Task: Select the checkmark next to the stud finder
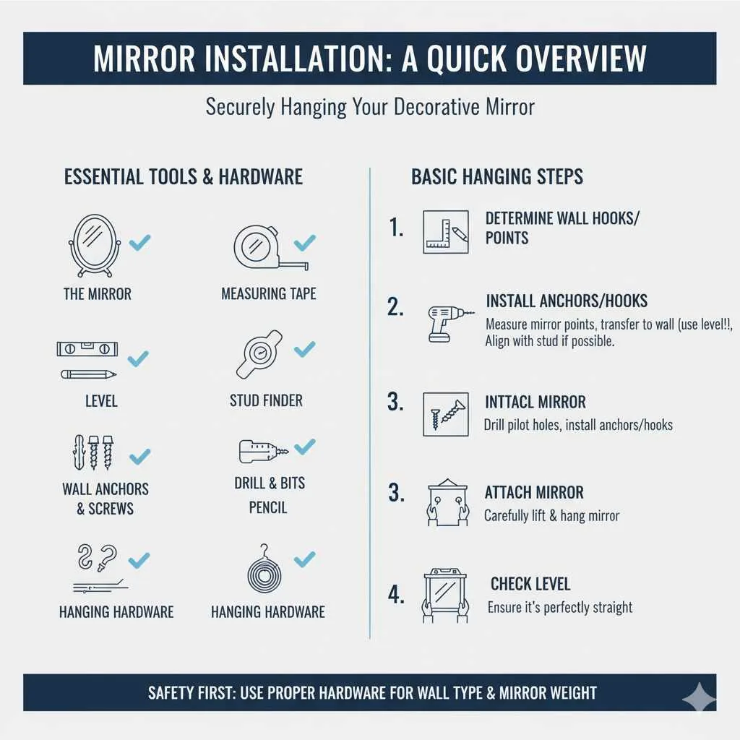click(304, 349)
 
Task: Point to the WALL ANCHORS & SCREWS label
click(106, 499)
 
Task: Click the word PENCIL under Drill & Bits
click(268, 508)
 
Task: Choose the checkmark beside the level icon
click(138, 357)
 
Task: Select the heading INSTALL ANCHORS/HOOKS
click(567, 301)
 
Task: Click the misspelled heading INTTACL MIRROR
click(535, 403)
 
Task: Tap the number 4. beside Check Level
click(395, 595)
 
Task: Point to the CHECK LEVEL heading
click(530, 584)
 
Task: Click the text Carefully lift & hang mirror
click(551, 516)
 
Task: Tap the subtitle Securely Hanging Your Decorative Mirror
click(370, 107)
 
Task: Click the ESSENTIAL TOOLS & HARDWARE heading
click(184, 177)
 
